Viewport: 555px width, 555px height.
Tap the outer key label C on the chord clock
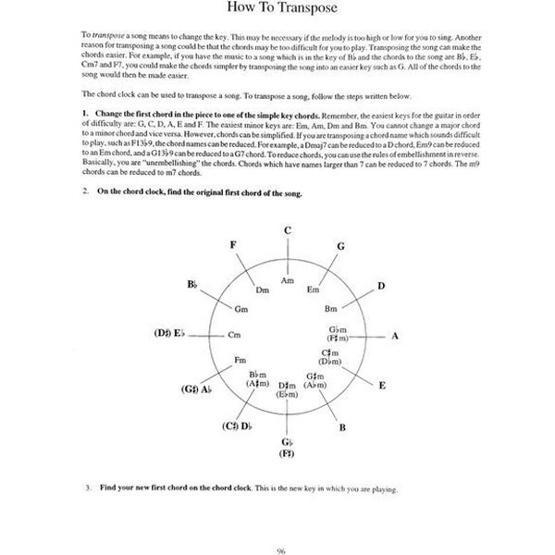(288, 230)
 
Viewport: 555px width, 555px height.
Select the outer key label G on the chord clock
(340, 246)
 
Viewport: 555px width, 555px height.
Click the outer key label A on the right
(395, 337)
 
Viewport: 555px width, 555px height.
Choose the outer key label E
(382, 384)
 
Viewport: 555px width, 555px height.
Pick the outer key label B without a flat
(342, 426)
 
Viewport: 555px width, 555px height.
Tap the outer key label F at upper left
(233, 244)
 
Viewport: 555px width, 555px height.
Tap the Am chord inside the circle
(288, 279)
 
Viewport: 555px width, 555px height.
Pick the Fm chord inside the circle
(240, 359)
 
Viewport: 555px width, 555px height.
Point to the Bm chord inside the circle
(330, 308)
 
